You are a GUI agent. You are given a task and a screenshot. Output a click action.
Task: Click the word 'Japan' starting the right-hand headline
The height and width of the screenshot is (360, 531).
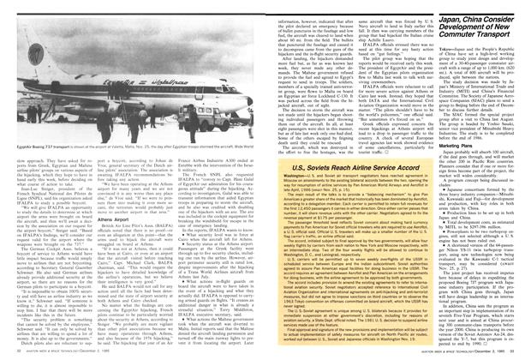coord(444,10)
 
